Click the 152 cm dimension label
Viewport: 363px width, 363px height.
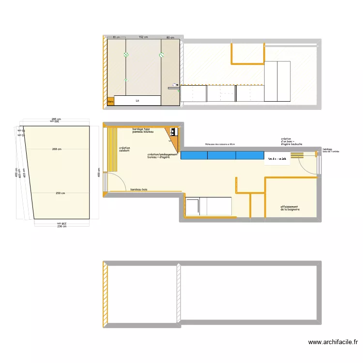(x=143, y=37)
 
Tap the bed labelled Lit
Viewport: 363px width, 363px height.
(x=137, y=101)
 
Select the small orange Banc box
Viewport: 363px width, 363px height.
(x=110, y=101)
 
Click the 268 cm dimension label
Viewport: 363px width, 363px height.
(x=57, y=149)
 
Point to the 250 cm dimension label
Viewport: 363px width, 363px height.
(x=60, y=194)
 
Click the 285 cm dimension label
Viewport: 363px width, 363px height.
(x=56, y=119)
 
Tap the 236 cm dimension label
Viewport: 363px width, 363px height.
(x=61, y=226)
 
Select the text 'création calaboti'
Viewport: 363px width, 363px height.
(x=124, y=149)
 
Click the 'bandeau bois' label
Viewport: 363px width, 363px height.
(x=138, y=189)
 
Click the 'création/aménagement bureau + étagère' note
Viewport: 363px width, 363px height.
(x=163, y=156)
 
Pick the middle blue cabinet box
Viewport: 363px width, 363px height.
(x=222, y=155)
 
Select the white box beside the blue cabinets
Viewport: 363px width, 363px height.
(x=277, y=159)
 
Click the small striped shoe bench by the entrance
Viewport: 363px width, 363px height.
(x=297, y=155)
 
